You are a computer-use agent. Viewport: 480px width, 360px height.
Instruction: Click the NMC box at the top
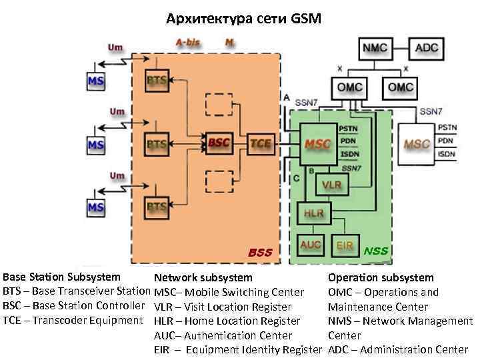[x=378, y=48]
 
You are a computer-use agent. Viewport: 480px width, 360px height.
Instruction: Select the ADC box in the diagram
[x=427, y=48]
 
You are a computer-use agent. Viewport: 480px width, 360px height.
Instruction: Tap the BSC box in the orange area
[x=219, y=143]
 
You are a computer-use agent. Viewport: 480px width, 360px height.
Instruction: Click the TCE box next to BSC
[x=261, y=143]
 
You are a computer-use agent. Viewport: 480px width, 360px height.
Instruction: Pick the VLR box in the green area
[x=331, y=183]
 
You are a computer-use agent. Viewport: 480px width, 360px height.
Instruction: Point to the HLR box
[x=313, y=214]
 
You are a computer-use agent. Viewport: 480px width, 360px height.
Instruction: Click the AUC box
[x=311, y=245]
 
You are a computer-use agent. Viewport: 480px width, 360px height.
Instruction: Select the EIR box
[x=345, y=245]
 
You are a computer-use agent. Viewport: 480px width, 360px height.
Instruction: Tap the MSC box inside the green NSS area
[x=317, y=144]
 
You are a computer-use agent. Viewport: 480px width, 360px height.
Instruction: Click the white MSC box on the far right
[x=417, y=144]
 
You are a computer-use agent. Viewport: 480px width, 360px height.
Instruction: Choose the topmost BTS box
[x=157, y=80]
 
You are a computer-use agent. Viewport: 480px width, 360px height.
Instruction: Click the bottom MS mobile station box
[x=96, y=207]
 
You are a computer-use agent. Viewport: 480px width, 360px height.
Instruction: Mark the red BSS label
[x=261, y=253]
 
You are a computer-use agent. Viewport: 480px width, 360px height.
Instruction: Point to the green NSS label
[x=376, y=251]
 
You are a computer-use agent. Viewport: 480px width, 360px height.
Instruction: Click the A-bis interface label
[x=188, y=42]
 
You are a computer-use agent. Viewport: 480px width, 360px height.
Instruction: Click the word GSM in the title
[x=306, y=19]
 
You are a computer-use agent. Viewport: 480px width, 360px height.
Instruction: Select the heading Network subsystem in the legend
[x=203, y=277]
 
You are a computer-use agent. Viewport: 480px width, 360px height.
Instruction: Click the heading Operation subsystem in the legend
[x=381, y=277]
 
